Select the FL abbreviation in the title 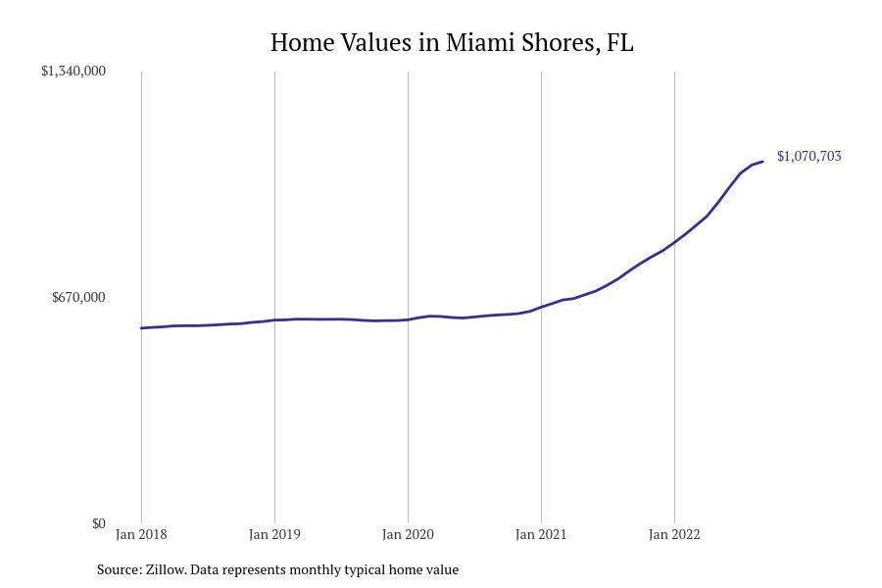[620, 43]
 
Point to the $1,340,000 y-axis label [73, 71]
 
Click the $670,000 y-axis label [78, 297]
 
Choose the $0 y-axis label [99, 523]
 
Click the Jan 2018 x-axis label [141, 535]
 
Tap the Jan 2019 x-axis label [274, 535]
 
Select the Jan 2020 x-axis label [408, 535]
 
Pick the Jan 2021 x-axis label [541, 535]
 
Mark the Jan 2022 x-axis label [674, 535]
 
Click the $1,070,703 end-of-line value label [808, 156]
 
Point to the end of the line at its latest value [762, 162]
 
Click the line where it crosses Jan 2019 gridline [274, 319]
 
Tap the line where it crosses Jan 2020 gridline [408, 319]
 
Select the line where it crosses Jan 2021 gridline [541, 307]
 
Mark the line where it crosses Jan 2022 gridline [674, 242]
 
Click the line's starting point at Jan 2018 [141, 328]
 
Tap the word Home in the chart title [296, 43]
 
